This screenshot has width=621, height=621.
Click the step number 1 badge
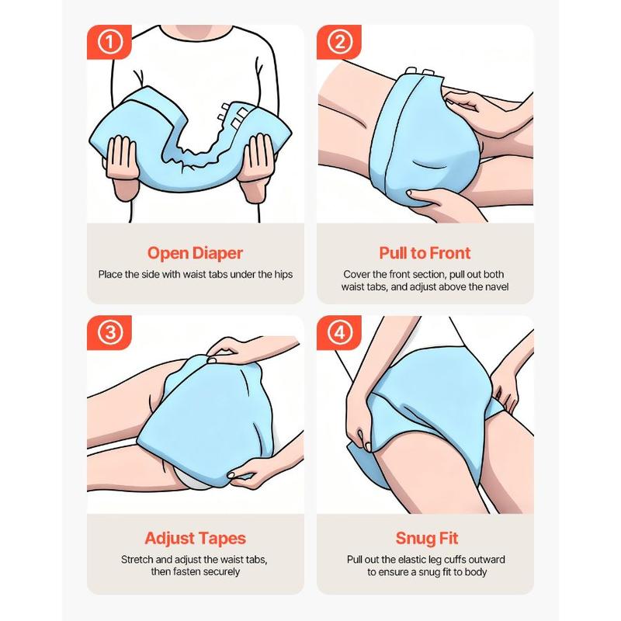click(109, 42)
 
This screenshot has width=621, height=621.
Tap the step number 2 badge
click(339, 42)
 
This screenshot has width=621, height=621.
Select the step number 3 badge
click(109, 333)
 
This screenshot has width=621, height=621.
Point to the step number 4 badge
click(339, 333)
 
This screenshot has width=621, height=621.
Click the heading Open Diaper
click(195, 254)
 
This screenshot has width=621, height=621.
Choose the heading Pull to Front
click(425, 253)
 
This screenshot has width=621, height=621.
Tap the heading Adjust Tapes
click(196, 539)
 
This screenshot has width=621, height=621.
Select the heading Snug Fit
click(426, 539)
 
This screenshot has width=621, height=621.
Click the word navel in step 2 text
click(496, 286)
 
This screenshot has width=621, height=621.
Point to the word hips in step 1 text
click(283, 275)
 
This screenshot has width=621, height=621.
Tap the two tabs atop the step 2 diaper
click(420, 71)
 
